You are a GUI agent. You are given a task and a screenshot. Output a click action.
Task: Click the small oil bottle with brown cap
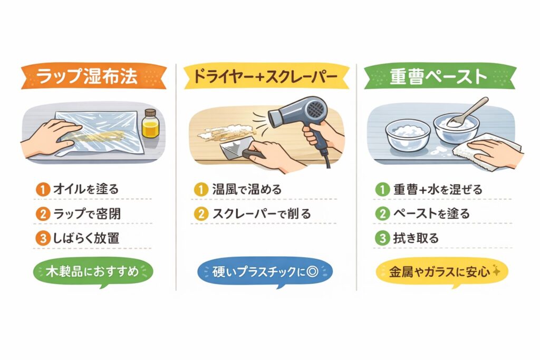point(151,124)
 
